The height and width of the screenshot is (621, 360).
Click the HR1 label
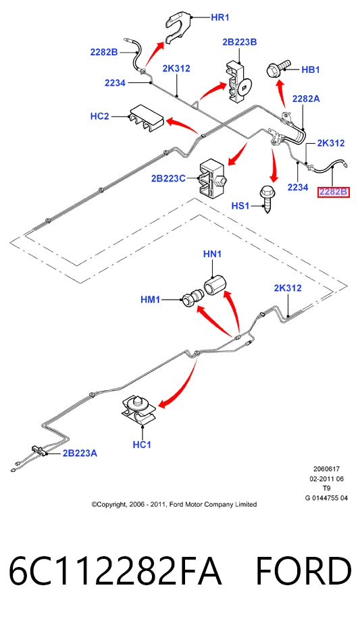220,18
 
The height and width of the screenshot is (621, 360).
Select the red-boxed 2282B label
334,192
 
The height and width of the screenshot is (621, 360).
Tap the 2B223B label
240,42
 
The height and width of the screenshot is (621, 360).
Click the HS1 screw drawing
266,198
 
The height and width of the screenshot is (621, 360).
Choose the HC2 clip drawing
145,118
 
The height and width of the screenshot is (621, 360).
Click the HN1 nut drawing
215,285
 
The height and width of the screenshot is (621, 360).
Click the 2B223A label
80,453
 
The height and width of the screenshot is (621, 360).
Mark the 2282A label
306,99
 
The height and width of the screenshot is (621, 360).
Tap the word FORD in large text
303,571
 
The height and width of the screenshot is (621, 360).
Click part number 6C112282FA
115,571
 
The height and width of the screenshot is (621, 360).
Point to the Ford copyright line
174,504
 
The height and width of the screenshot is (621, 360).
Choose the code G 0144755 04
326,498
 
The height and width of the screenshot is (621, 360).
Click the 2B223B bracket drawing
238,82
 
